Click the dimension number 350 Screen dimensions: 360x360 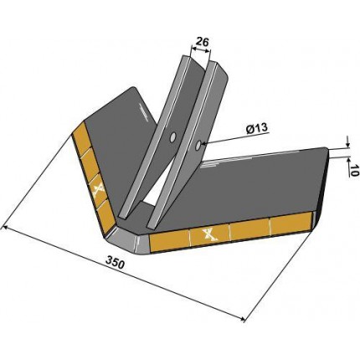click(115, 264)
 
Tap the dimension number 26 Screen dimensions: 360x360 click(202, 42)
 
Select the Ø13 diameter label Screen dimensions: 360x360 click(257, 128)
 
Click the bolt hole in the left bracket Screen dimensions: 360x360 click(173, 137)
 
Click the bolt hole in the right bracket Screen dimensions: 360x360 click(198, 145)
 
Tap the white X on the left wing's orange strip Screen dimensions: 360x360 click(99, 192)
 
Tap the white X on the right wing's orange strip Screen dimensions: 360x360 click(210, 235)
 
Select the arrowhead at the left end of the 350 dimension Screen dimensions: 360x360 click(3, 229)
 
